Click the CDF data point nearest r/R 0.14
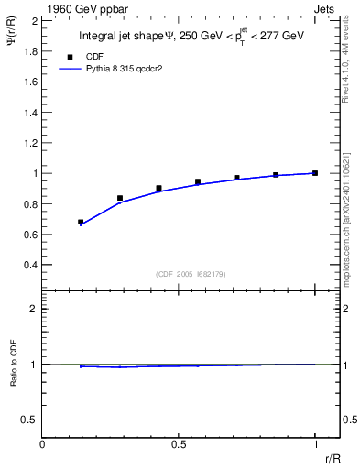click(x=81, y=222)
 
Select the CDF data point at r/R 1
click(x=315, y=173)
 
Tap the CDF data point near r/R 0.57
click(x=198, y=181)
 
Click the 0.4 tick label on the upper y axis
click(x=30, y=266)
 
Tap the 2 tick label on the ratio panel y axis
click(x=34, y=310)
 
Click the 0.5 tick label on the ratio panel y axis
click(x=30, y=420)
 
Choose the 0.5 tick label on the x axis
click(x=179, y=444)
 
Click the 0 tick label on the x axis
click(x=43, y=444)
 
